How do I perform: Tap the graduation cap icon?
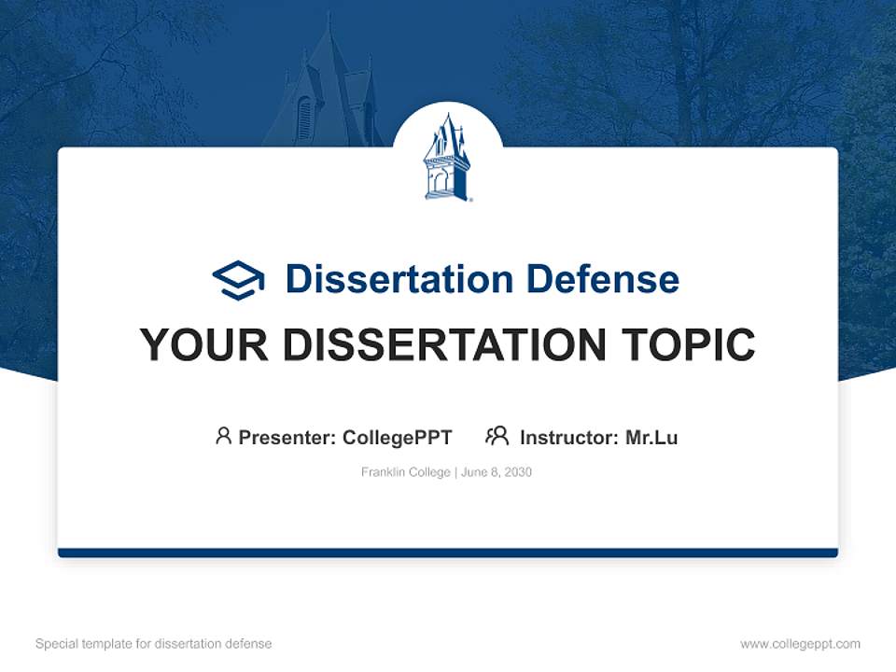click(238, 279)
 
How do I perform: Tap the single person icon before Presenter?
click(223, 436)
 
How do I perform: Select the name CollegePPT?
click(398, 437)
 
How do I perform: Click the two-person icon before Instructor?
click(497, 436)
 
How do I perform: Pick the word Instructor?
click(567, 437)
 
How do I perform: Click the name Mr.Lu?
click(651, 437)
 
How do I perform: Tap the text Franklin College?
click(406, 472)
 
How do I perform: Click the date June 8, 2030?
click(497, 472)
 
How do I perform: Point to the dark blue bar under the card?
click(448, 553)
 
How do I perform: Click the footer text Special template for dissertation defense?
click(154, 644)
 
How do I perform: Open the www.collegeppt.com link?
click(800, 644)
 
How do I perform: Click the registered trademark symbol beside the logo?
click(471, 198)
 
